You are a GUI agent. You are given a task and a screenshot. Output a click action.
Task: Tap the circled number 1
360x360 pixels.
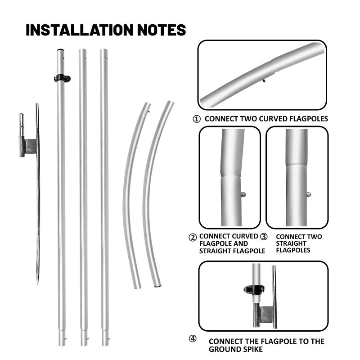point(196,119)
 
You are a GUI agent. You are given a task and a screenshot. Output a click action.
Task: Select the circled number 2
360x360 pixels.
point(193,237)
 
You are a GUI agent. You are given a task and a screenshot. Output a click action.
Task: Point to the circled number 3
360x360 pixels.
point(264,236)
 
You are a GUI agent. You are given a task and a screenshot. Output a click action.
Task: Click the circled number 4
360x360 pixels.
point(193,338)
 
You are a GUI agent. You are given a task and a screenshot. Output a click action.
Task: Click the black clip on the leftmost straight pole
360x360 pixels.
point(62,78)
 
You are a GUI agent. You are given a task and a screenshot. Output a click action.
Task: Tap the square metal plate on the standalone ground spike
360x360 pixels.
point(30,146)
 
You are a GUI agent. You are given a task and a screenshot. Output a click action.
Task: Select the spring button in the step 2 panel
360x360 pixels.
point(243,194)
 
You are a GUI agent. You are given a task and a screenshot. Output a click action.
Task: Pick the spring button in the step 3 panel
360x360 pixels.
point(309,194)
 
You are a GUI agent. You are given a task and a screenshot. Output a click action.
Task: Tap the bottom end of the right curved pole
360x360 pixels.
point(156,285)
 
